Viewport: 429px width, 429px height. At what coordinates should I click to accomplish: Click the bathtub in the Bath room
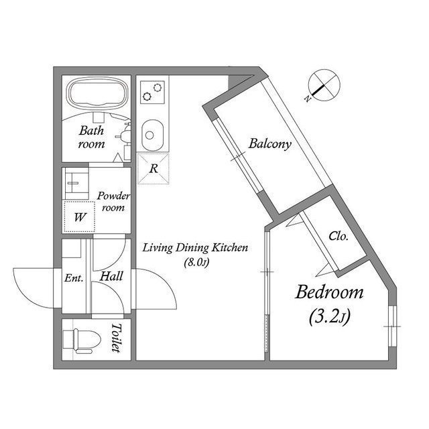point(98,93)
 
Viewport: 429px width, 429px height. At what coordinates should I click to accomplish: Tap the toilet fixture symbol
point(84,339)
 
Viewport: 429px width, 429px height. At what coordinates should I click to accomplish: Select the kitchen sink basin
point(151,135)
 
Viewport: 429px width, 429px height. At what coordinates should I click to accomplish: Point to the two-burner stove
point(153,91)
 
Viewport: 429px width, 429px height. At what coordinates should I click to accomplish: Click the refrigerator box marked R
point(153,168)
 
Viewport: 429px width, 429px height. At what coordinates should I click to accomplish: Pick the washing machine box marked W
point(80,217)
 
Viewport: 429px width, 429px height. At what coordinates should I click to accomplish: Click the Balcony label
point(269,143)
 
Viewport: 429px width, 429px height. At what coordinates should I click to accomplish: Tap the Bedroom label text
point(330,293)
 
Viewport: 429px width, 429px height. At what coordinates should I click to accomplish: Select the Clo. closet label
point(338,236)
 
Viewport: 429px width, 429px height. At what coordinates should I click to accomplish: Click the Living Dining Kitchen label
point(195,248)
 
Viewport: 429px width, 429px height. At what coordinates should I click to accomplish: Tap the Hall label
point(111,275)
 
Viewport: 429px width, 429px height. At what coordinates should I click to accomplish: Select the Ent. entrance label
point(73,278)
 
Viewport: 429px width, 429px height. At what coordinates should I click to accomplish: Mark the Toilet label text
point(116,339)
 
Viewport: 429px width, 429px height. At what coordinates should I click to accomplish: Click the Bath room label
point(92,137)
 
